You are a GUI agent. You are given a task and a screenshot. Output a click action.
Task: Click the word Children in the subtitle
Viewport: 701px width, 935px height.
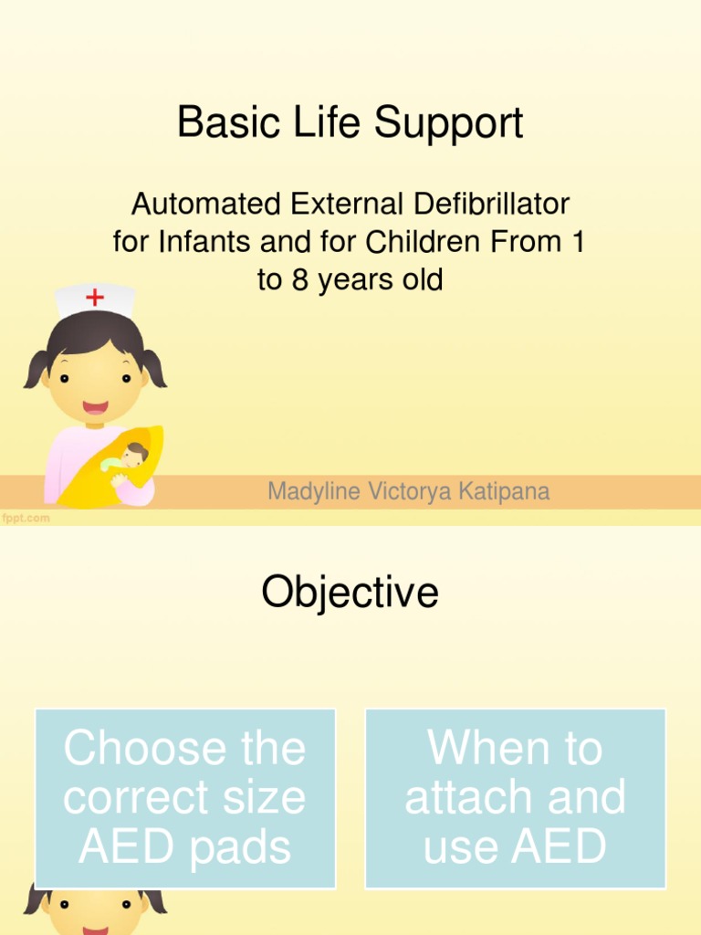click(425, 242)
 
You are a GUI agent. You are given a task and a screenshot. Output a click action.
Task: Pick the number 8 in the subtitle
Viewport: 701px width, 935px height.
click(299, 280)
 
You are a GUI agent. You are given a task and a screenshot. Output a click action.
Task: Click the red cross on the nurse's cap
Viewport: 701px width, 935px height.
click(94, 297)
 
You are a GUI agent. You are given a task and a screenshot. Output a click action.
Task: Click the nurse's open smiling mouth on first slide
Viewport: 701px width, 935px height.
click(95, 407)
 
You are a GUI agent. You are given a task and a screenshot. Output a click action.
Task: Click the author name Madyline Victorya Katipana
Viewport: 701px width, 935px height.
click(408, 492)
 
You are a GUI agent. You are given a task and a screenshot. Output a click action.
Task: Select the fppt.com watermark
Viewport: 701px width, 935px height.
click(26, 519)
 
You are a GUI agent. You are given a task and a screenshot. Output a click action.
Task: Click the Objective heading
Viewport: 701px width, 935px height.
click(350, 593)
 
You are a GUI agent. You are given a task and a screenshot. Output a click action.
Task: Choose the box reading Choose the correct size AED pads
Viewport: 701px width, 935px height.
click(184, 798)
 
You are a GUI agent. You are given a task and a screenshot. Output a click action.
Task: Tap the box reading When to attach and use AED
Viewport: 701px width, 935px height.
click(515, 798)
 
